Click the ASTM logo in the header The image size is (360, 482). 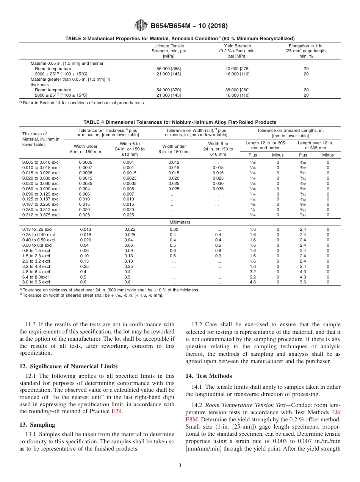(x=141, y=26)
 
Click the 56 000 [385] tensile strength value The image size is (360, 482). (x=169, y=69)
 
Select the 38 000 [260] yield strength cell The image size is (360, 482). (x=237, y=90)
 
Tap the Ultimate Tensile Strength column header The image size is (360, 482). (x=169, y=51)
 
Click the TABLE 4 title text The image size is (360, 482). (x=180, y=122)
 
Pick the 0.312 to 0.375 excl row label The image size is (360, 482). (x=41, y=215)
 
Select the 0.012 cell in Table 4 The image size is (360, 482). (x=174, y=162)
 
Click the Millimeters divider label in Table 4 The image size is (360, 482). (x=180, y=222)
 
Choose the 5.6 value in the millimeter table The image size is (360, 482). (x=303, y=282)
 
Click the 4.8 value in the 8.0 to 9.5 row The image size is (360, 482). (x=253, y=282)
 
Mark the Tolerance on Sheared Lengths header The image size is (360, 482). (x=290, y=130)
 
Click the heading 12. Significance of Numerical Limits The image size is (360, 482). (x=68, y=366)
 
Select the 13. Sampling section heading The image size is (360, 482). (x=37, y=424)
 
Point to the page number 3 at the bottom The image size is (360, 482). (x=180, y=465)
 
